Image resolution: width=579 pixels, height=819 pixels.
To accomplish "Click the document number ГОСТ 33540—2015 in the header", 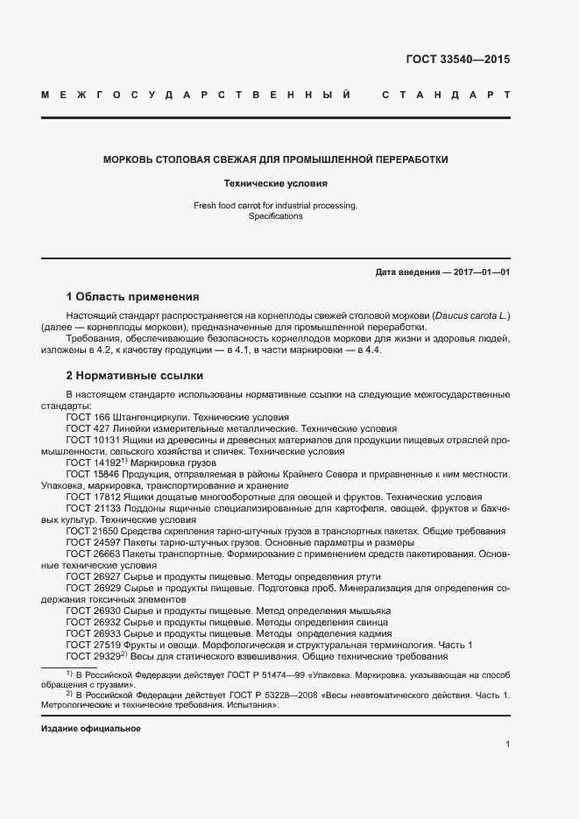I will [457, 60].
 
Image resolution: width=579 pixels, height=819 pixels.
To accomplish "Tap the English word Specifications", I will [276, 215].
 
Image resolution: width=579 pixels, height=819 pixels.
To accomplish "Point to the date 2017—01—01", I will [479, 272].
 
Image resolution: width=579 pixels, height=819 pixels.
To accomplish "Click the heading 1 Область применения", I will [133, 297].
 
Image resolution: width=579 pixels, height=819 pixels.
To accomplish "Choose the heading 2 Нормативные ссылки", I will [135, 376].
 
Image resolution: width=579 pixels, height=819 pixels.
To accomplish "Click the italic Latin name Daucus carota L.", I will [465, 315].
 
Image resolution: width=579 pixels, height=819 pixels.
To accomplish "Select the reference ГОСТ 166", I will [84, 418].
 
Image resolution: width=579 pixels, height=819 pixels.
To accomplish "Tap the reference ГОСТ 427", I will [84, 429].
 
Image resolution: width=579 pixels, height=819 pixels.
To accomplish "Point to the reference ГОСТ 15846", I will [88, 474].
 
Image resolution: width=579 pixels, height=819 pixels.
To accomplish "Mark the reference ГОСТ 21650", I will [88, 531].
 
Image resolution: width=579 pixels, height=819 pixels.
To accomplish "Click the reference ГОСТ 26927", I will [88, 576].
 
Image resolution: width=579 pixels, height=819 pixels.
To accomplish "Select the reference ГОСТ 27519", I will [88, 645].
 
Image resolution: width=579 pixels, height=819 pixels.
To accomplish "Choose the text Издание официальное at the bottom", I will [91, 729].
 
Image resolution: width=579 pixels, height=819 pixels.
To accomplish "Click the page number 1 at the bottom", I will [508, 745].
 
